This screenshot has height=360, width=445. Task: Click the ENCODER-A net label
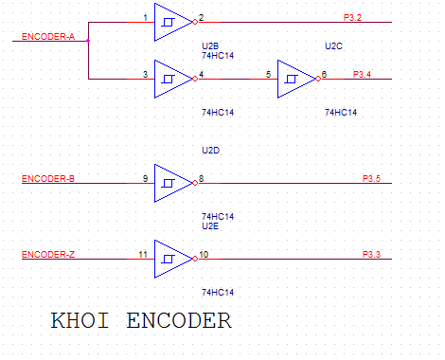[48, 37]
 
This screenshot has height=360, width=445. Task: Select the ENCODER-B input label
[48, 179]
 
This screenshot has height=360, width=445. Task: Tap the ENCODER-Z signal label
[48, 255]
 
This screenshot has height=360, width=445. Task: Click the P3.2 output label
[352, 18]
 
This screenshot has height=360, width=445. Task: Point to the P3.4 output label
[362, 75]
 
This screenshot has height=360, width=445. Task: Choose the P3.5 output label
[371, 179]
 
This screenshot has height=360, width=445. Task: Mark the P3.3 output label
[371, 255]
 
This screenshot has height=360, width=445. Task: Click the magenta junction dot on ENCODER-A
[88, 41]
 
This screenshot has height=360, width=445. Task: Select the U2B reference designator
[210, 46]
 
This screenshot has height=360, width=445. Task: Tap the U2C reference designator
[333, 46]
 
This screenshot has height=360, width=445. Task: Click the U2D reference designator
[210, 151]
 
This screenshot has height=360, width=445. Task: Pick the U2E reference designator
[210, 226]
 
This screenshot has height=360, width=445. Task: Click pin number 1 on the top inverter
[145, 18]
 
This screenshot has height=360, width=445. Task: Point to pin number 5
[268, 75]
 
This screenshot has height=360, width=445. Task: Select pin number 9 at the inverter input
[145, 179]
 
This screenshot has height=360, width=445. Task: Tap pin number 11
[143, 255]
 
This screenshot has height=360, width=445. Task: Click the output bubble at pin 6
[318, 79]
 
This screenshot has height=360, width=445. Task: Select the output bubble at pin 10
[195, 259]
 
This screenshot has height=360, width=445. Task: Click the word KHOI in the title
[80, 320]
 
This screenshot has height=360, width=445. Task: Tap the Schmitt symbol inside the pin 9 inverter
[168, 183]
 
